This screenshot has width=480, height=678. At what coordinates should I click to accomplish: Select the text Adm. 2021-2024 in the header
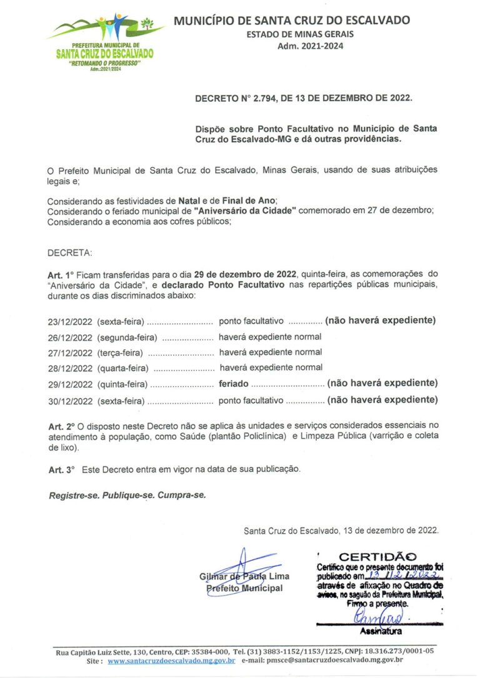click(x=310, y=46)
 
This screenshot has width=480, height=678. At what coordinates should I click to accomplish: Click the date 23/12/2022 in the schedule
click(x=70, y=321)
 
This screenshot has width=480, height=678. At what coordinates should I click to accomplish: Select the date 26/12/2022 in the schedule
click(x=70, y=337)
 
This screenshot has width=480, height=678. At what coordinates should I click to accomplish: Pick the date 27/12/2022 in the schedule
click(x=70, y=352)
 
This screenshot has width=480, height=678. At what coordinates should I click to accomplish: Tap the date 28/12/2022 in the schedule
click(x=70, y=368)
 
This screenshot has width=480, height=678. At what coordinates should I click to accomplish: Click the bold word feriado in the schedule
click(x=233, y=384)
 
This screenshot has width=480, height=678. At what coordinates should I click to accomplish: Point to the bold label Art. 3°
click(x=61, y=469)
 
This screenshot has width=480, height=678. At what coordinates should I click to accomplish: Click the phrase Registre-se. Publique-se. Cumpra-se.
click(x=127, y=494)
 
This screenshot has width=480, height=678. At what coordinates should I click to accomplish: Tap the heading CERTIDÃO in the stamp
click(x=377, y=556)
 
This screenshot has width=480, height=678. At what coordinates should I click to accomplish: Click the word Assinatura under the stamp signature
click(x=376, y=632)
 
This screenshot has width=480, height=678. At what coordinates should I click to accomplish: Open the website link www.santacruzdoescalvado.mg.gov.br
click(x=171, y=660)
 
